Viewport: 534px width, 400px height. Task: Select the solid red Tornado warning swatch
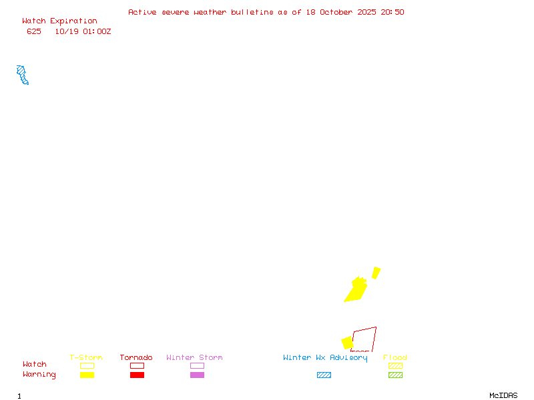[x=137, y=375]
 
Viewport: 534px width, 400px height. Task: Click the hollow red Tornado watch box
[x=137, y=365]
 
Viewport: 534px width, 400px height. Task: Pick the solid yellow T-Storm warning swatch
[x=87, y=375]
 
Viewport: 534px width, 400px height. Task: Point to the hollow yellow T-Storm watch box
[x=87, y=365]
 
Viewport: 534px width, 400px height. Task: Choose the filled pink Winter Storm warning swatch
[x=197, y=375]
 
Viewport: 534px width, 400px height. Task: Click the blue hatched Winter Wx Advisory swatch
[x=324, y=375]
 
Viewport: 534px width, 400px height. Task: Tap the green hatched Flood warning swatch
[x=395, y=375]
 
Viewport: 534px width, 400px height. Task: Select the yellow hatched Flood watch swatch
[x=395, y=365]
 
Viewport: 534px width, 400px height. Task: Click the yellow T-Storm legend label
[x=86, y=358]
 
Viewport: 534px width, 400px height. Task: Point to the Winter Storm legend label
[x=194, y=358]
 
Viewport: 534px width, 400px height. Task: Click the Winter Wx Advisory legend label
[x=325, y=358]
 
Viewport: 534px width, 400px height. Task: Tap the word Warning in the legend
[x=39, y=375]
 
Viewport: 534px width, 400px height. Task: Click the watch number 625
[x=34, y=31]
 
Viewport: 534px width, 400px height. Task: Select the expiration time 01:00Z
[x=97, y=31]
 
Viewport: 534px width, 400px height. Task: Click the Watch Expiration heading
[x=59, y=21]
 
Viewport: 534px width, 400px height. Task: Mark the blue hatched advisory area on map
[x=23, y=74]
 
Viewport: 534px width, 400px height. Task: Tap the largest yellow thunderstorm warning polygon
[x=356, y=290]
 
